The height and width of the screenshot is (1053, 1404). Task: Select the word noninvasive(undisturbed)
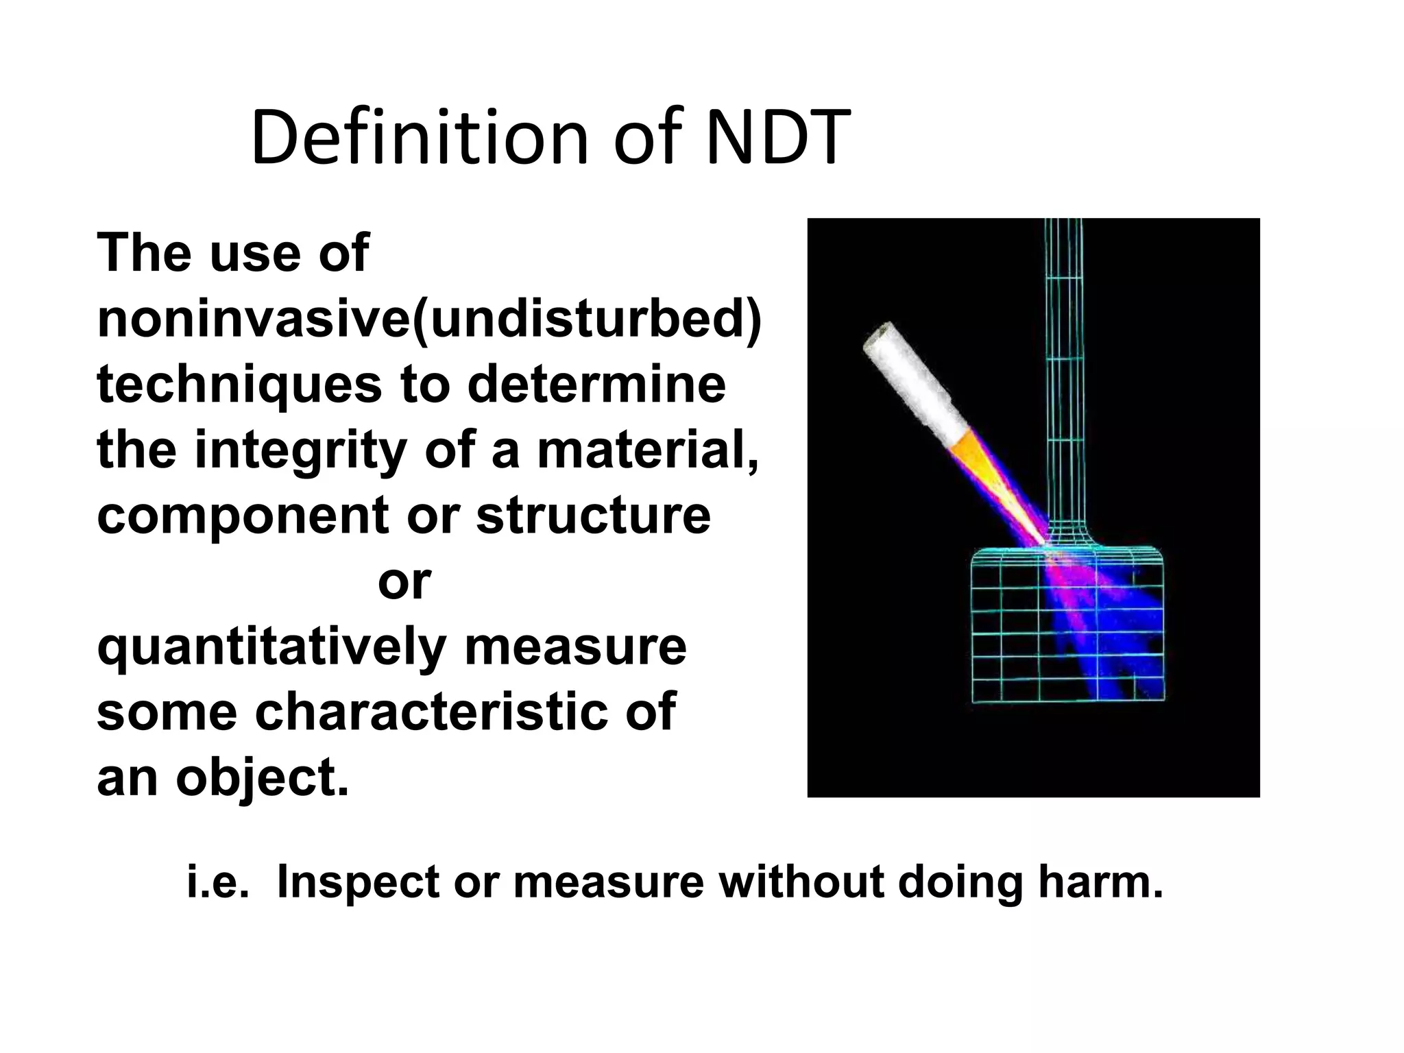pos(429,319)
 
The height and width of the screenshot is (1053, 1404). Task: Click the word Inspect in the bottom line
pos(356,882)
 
